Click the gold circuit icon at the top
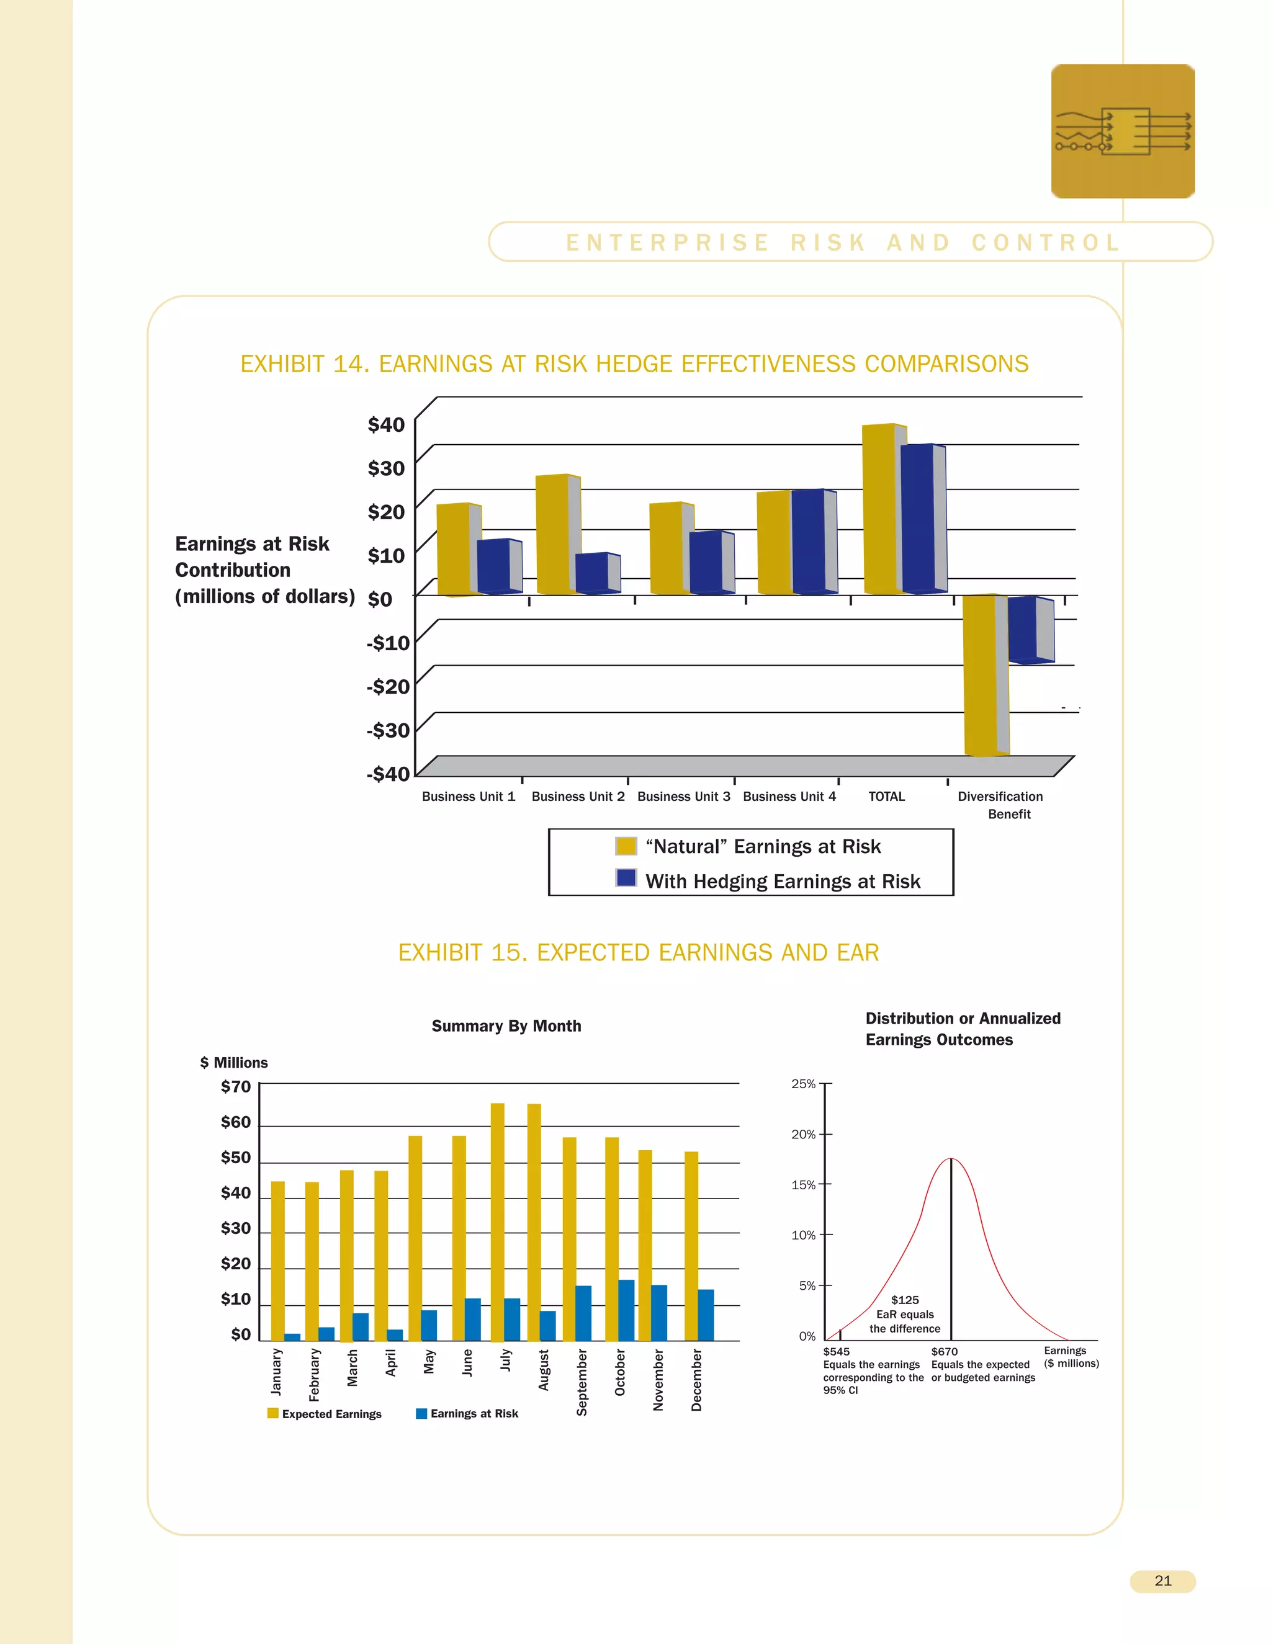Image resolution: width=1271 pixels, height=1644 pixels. (1122, 132)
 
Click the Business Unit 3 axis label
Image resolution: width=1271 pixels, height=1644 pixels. (683, 797)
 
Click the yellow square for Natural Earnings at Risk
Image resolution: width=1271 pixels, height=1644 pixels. (625, 846)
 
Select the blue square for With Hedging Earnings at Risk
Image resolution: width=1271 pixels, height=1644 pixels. (625, 878)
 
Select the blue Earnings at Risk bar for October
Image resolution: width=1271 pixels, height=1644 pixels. (626, 1310)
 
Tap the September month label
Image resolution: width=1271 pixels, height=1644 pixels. (582, 1382)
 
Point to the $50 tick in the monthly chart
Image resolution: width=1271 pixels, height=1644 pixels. (236, 1157)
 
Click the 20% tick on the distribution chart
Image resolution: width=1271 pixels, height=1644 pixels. (804, 1135)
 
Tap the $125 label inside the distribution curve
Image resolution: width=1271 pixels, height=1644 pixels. (904, 1300)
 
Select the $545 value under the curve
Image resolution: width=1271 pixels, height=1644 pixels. (836, 1352)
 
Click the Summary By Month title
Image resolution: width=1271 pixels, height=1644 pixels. (506, 1026)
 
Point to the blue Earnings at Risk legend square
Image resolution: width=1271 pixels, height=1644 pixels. (421, 1414)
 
